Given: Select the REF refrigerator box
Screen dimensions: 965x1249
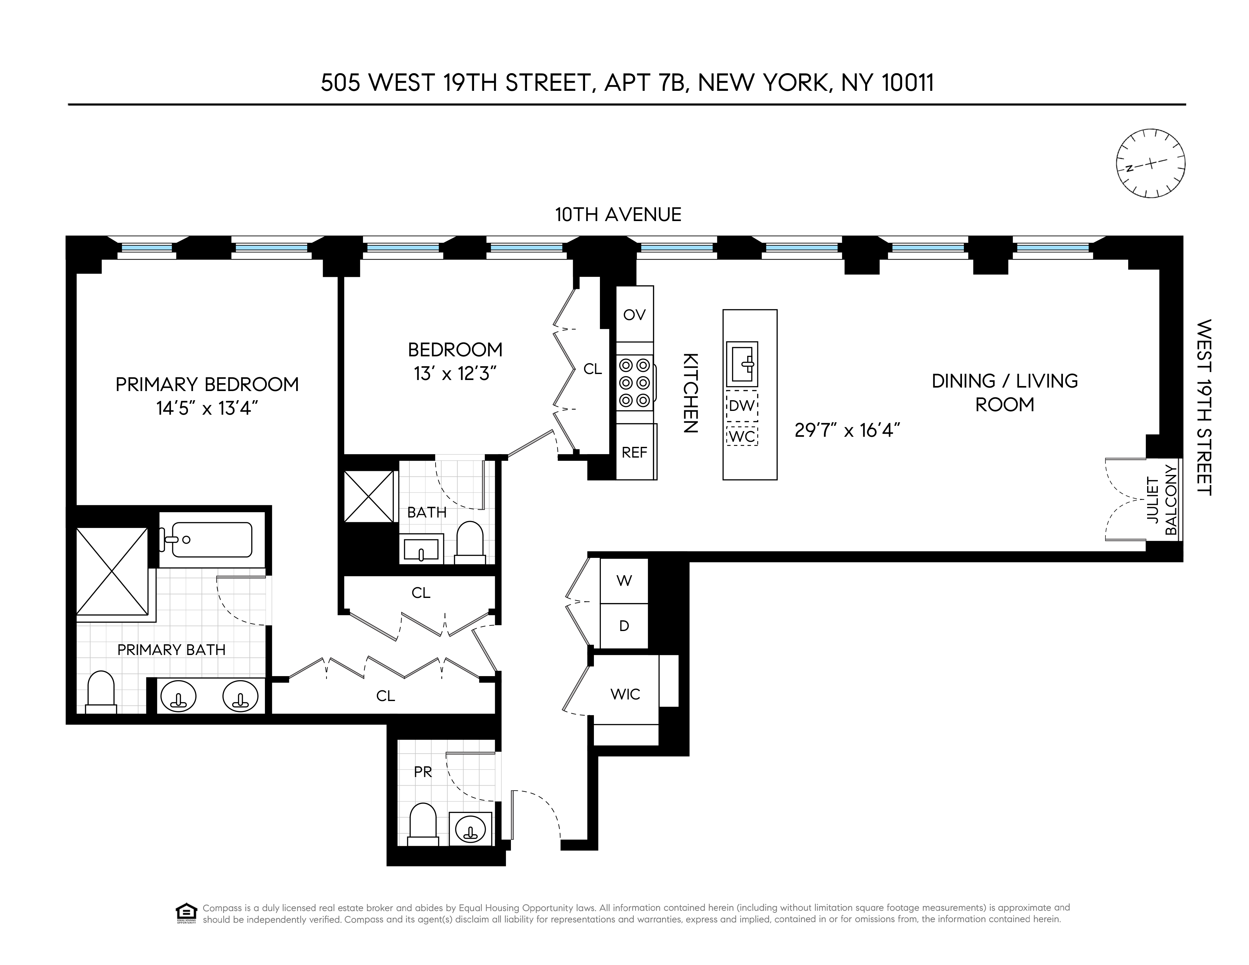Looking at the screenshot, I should click(635, 452).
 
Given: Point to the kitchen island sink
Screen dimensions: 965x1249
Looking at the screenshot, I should click(742, 364).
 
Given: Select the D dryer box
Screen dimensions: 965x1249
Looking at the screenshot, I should click(624, 626).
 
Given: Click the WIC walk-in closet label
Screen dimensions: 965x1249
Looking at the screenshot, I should click(625, 694).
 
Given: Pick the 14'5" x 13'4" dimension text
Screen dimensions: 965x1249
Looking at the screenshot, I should click(207, 408).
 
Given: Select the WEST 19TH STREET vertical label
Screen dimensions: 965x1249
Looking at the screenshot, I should click(1204, 407).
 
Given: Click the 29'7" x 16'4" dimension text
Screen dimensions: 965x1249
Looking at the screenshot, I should click(847, 430).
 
